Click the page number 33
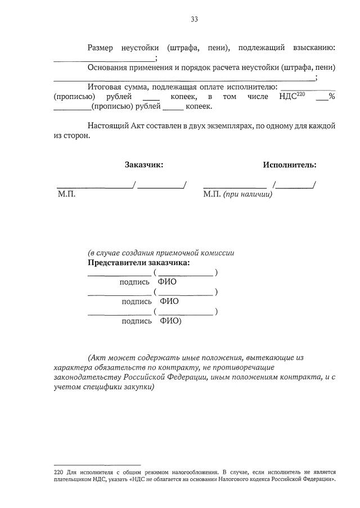pyautogui.click(x=194, y=19)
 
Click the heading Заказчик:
pyautogui.click(x=144, y=165)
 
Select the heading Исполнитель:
pyautogui.click(x=289, y=165)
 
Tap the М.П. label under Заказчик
pyautogui.click(x=66, y=194)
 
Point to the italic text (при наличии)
pyautogui.click(x=247, y=194)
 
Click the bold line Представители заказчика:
pyautogui.click(x=138, y=263)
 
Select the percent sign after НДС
pyautogui.click(x=332, y=96)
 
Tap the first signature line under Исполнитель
pyautogui.click(x=235, y=186)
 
